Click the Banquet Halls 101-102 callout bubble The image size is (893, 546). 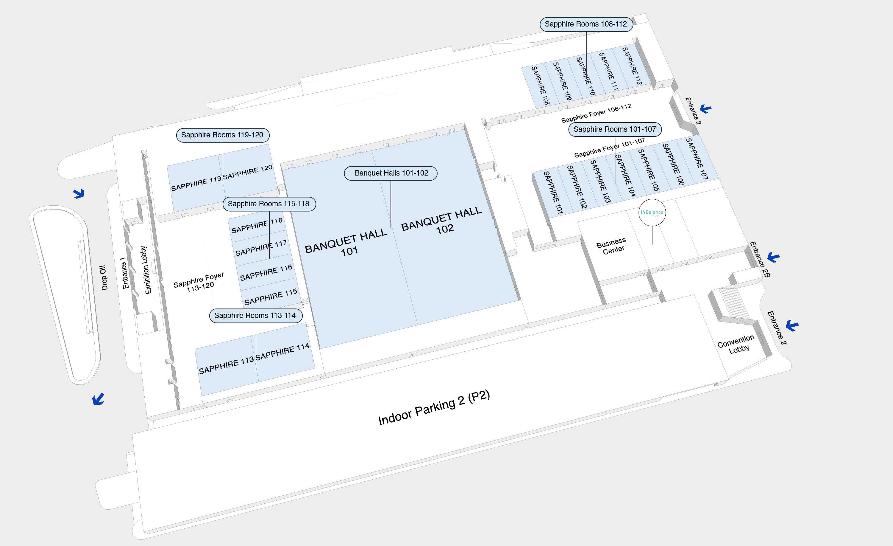click(390, 173)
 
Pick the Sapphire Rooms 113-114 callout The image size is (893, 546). click(255, 316)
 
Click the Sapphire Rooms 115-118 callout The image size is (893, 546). click(268, 204)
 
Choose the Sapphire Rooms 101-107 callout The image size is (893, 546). click(615, 129)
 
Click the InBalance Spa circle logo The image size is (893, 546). click(652, 212)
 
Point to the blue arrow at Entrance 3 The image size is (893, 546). click(705, 108)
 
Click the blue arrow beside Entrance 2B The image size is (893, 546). click(773, 257)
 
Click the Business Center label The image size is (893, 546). click(612, 246)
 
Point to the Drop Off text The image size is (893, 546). click(104, 277)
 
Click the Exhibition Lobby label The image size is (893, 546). click(146, 270)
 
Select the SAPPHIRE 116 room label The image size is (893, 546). click(266, 272)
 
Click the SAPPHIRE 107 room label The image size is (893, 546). click(697, 159)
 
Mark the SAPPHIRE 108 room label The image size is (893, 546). click(540, 86)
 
